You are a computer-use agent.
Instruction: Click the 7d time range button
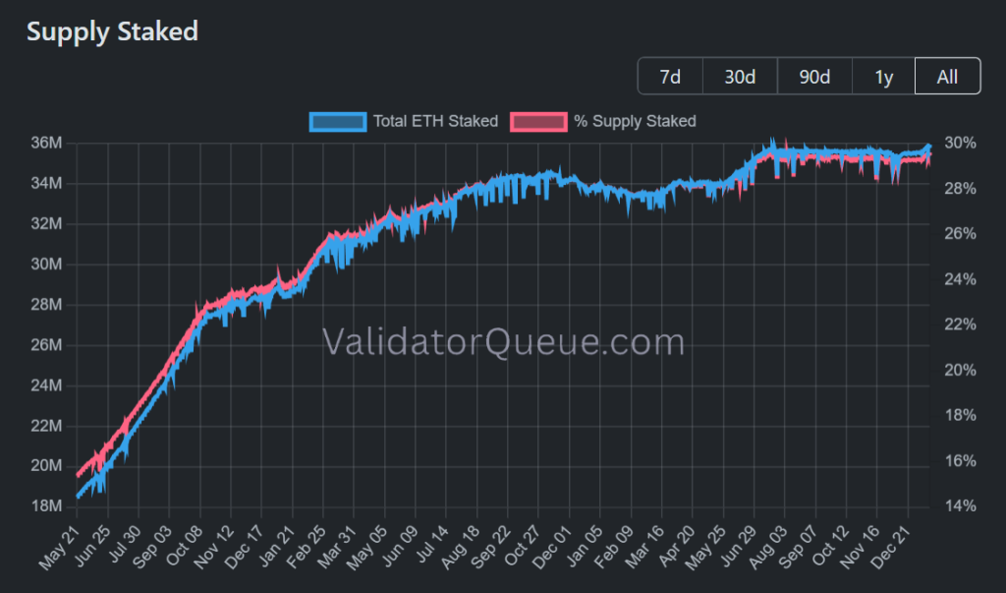670,77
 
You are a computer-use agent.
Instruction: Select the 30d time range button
740,77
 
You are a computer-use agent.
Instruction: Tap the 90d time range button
814,77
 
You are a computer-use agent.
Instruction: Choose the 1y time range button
883,77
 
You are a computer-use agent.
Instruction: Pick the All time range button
947,77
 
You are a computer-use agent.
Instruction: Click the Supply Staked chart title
112,31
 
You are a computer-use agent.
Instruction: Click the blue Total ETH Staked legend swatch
338,122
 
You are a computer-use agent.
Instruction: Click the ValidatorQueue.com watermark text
503,342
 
